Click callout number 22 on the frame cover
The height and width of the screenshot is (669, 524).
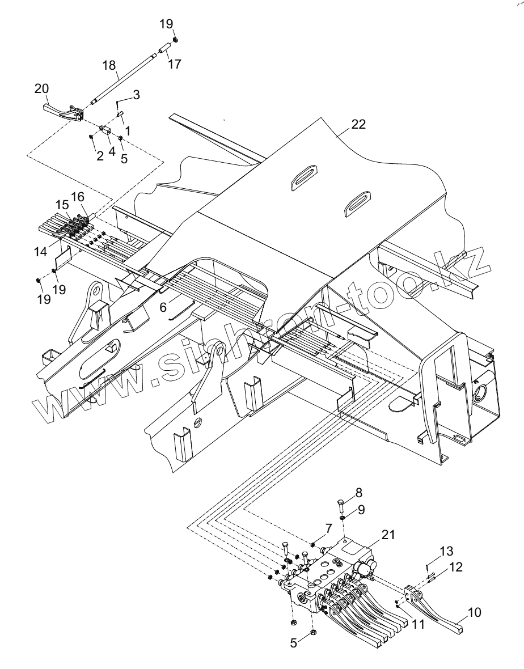pyautogui.click(x=358, y=124)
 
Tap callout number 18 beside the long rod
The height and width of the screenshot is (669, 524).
pyautogui.click(x=109, y=65)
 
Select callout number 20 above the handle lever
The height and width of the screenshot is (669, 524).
pyautogui.click(x=42, y=89)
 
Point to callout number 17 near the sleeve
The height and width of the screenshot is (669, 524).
pyautogui.click(x=175, y=63)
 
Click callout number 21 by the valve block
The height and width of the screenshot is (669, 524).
pyautogui.click(x=388, y=535)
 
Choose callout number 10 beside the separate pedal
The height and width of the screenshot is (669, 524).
pyautogui.click(x=474, y=612)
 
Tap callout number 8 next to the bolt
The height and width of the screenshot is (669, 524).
pyautogui.click(x=358, y=492)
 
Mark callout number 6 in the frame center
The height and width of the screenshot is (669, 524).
pyautogui.click(x=163, y=307)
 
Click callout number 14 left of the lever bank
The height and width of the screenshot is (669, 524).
pyautogui.click(x=41, y=252)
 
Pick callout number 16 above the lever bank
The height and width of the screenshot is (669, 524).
pyautogui.click(x=78, y=197)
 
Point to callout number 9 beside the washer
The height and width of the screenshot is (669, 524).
pyautogui.click(x=361, y=510)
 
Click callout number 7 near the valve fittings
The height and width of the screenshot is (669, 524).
pyautogui.click(x=328, y=528)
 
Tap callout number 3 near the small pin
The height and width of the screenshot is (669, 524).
pyautogui.click(x=136, y=94)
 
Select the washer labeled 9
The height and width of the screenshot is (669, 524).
pyautogui.click(x=343, y=518)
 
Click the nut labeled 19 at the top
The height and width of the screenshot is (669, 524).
pyautogui.click(x=175, y=40)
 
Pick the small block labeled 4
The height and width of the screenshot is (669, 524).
pyautogui.click(x=105, y=129)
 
